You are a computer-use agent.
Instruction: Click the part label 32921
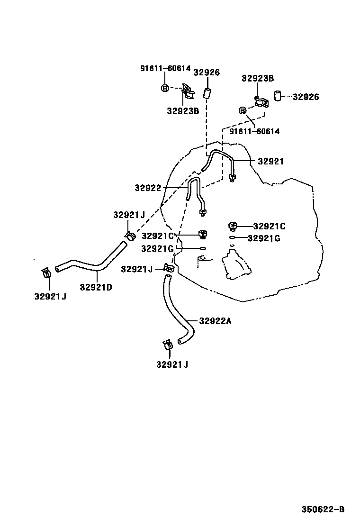(x=270, y=162)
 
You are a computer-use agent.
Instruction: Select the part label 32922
(x=148, y=188)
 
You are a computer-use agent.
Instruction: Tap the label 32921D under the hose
(x=96, y=287)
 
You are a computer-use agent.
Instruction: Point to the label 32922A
(x=215, y=321)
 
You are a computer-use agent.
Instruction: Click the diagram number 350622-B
(x=324, y=510)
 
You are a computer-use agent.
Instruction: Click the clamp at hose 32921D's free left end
(x=46, y=273)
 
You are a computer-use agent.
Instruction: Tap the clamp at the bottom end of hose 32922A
(x=168, y=345)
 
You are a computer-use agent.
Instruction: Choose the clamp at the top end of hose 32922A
(x=169, y=269)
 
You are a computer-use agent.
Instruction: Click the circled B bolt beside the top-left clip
(x=164, y=88)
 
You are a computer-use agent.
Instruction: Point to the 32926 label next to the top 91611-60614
(x=207, y=73)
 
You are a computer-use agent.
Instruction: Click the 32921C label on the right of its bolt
(x=269, y=227)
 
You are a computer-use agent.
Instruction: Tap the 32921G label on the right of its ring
(x=264, y=238)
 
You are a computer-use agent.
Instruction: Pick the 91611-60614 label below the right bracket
(x=254, y=131)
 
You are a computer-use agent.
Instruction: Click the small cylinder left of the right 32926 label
(x=279, y=97)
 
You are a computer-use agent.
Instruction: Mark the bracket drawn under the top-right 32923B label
(x=260, y=102)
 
